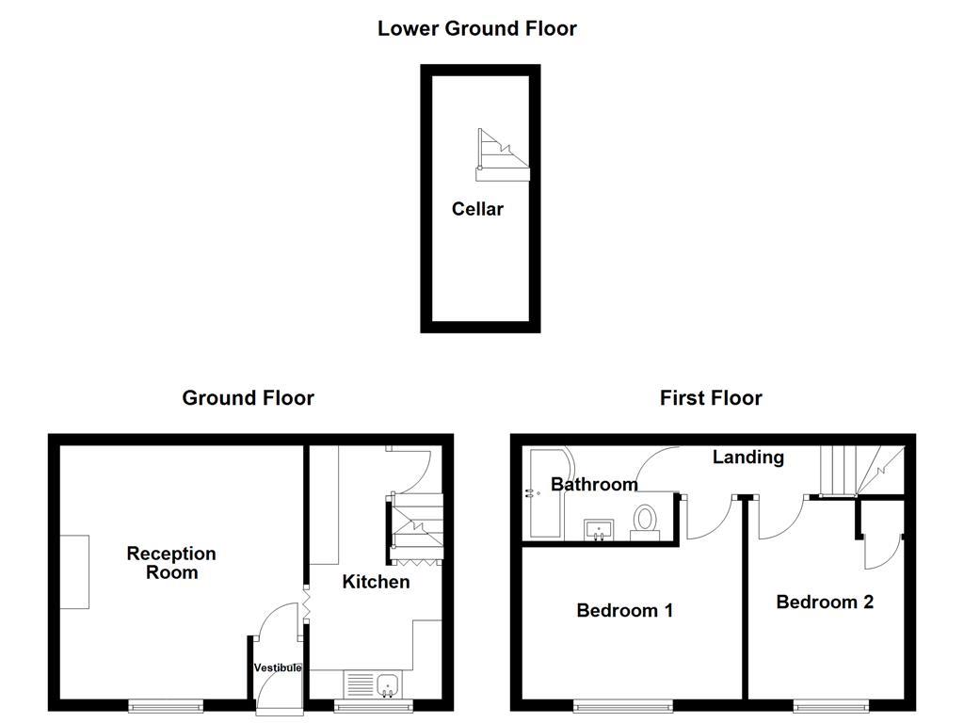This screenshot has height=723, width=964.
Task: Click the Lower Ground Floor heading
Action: tap(476, 28)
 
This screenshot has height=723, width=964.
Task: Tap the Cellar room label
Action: tap(477, 209)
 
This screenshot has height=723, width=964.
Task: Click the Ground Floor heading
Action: tap(248, 398)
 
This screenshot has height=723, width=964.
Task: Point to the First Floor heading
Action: tap(711, 398)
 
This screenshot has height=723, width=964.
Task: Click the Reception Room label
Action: tap(171, 562)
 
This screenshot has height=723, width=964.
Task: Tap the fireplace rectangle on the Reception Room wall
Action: tap(74, 572)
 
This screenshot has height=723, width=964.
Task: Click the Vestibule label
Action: tap(278, 667)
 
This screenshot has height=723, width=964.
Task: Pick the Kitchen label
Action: tap(375, 582)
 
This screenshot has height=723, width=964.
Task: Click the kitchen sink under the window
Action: tap(374, 684)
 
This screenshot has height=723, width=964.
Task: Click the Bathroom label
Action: tap(594, 485)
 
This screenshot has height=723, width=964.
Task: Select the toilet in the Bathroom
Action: tap(646, 520)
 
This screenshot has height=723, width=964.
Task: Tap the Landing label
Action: tap(747, 457)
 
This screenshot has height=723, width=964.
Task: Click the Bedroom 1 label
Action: tap(624, 610)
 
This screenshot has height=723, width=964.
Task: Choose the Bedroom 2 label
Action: tap(825, 602)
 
